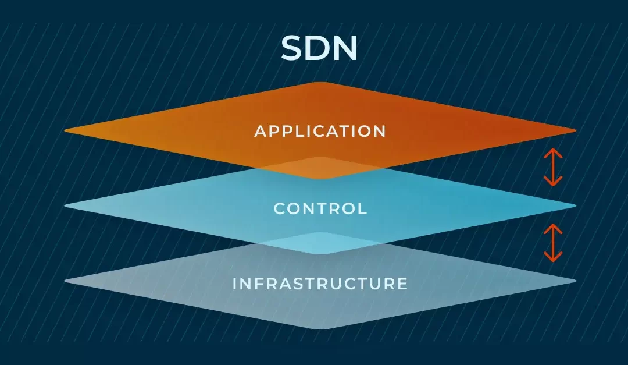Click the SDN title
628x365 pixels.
click(319, 48)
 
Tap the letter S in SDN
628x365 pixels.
click(293, 48)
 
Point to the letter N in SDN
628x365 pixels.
click(345, 48)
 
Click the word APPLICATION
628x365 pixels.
click(320, 131)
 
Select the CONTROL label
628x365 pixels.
click(320, 208)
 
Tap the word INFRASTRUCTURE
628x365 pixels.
click(320, 284)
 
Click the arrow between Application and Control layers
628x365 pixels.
click(553, 167)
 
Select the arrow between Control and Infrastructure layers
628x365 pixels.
click(553, 243)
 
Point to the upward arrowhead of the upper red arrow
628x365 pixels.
click(553, 152)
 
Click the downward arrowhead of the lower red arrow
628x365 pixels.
click(553, 258)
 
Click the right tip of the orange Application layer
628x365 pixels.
click(574, 130)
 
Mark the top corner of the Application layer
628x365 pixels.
click(320, 83)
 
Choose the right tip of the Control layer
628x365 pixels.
click(574, 205)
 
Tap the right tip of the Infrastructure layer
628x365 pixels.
click(574, 281)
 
